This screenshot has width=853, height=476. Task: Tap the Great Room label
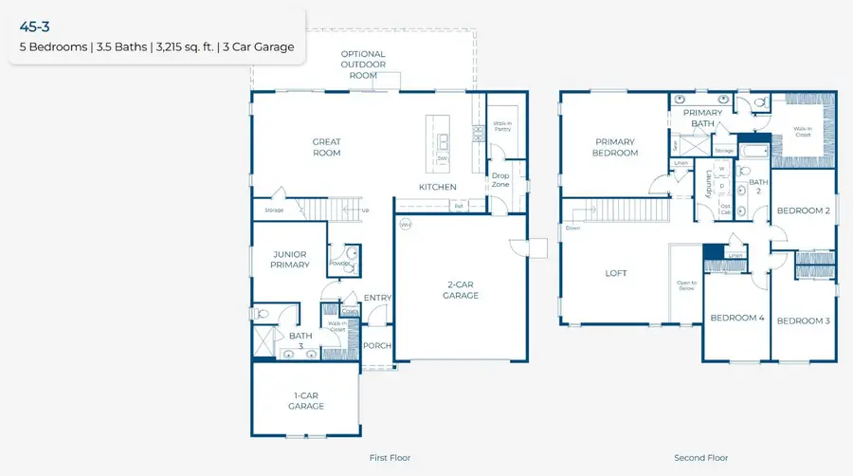pyautogui.click(x=327, y=147)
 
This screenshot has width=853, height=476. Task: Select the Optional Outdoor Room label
pyautogui.click(x=363, y=64)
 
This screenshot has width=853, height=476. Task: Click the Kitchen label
pyautogui.click(x=438, y=187)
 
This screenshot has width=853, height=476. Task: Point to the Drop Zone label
pyautogui.click(x=499, y=179)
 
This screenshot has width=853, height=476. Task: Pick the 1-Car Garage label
pyautogui.click(x=306, y=401)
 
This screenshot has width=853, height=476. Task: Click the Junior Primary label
pyautogui.click(x=291, y=259)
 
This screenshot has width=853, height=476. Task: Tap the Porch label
pyautogui.click(x=377, y=345)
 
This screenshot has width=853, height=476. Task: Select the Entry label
pyautogui.click(x=377, y=298)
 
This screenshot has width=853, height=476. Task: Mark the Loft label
pyautogui.click(x=617, y=273)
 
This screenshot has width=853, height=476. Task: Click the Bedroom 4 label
pyautogui.click(x=737, y=318)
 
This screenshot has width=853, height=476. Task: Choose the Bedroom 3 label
pyautogui.click(x=803, y=320)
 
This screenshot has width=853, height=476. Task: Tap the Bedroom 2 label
pyautogui.click(x=803, y=211)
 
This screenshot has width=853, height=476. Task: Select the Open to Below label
pyautogui.click(x=686, y=285)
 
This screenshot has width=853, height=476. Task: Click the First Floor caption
pyautogui.click(x=390, y=458)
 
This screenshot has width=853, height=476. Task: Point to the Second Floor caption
pyautogui.click(x=700, y=458)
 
